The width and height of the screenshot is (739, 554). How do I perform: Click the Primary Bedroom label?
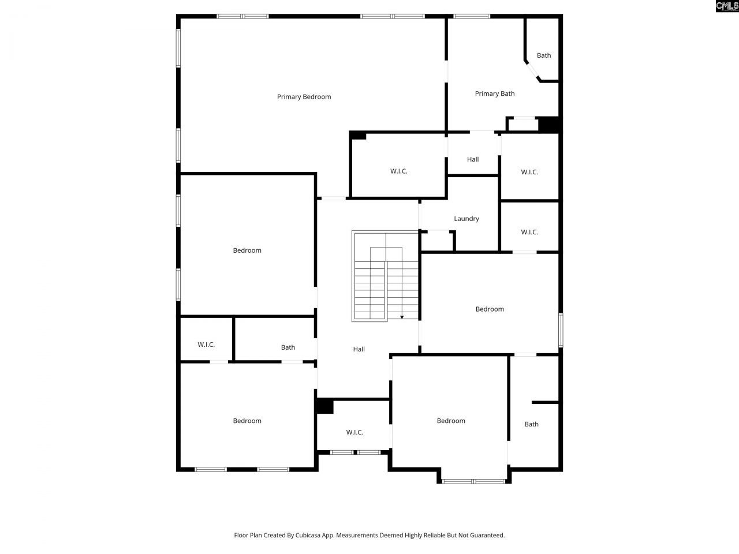(x=304, y=97)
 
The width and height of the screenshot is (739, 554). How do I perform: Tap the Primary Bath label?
(x=495, y=93)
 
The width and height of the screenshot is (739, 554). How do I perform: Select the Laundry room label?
(x=466, y=219)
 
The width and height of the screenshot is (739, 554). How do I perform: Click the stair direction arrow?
(x=402, y=317)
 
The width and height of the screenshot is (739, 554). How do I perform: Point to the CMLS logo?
(x=726, y=6)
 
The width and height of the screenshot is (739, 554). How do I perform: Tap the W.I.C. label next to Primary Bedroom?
(x=398, y=171)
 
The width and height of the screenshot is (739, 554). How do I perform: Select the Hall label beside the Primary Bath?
(x=473, y=159)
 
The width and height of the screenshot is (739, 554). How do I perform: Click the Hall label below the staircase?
(x=359, y=349)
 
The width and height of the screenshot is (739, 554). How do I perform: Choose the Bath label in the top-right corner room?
(x=544, y=55)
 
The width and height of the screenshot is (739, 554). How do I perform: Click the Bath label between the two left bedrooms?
(x=288, y=347)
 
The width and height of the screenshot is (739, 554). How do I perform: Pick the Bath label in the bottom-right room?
(x=532, y=424)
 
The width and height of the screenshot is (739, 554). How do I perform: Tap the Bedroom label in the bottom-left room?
(x=247, y=421)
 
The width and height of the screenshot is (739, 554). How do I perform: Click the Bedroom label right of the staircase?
(x=490, y=309)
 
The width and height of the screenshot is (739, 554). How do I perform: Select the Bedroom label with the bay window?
(x=451, y=421)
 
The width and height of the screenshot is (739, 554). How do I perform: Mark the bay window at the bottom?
(x=473, y=481)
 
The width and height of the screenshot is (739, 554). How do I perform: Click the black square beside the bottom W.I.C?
(x=325, y=406)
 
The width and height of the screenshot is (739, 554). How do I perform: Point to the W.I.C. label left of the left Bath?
(x=206, y=345)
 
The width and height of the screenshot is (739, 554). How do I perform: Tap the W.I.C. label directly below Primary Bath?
(x=529, y=172)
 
